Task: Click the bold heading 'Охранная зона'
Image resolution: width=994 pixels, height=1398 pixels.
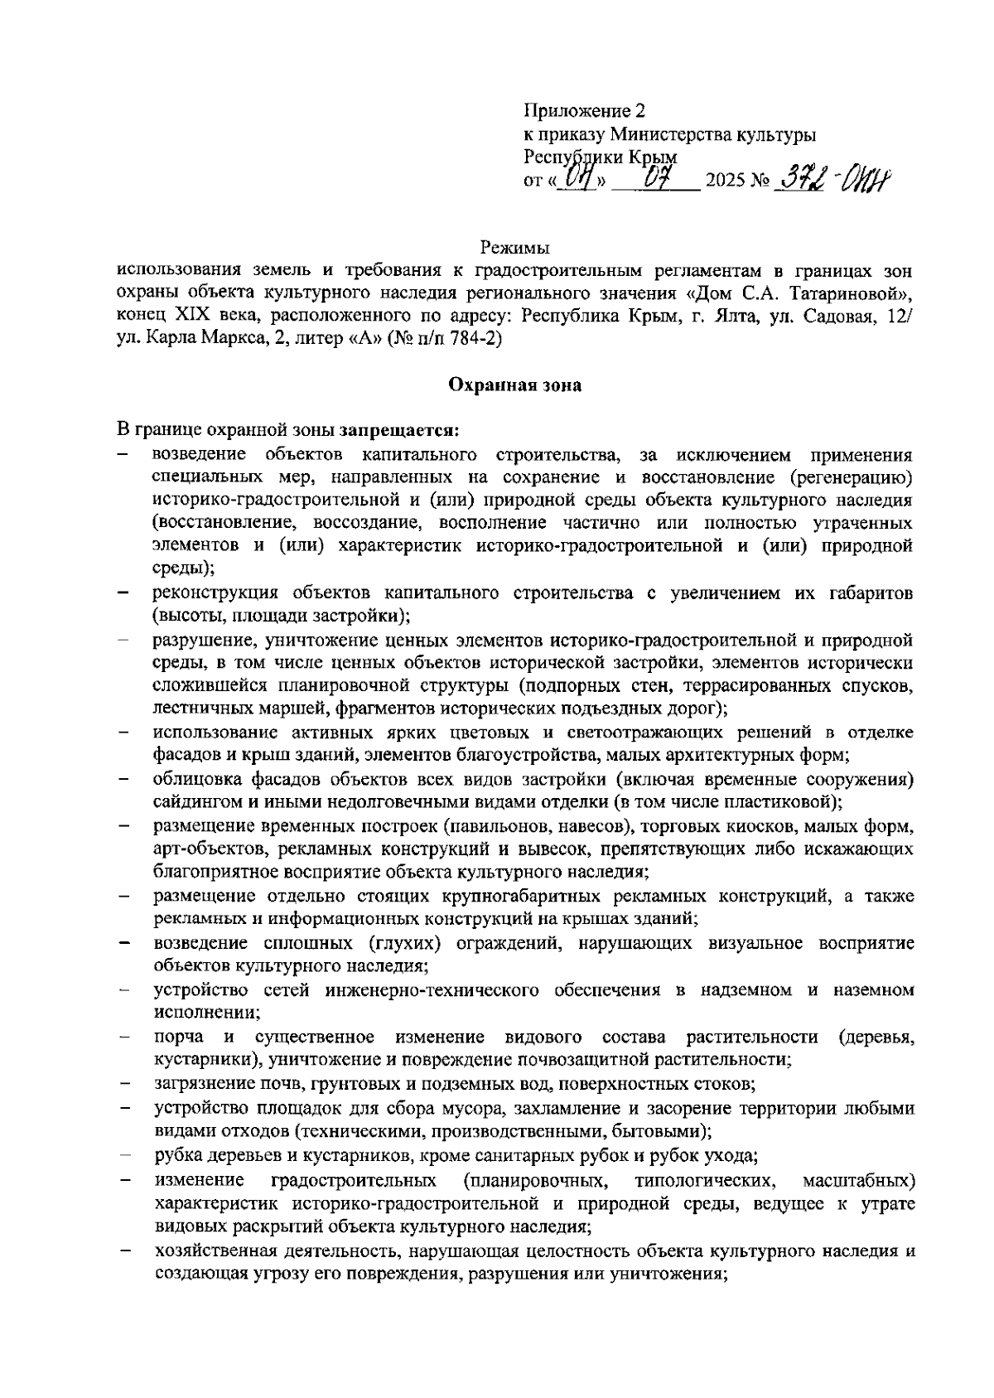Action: [514, 385]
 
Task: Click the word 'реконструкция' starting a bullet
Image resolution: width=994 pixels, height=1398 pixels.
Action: [204, 593]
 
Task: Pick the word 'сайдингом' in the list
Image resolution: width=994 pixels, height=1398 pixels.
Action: [188, 802]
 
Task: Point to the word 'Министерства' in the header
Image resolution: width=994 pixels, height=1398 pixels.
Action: [663, 134]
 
